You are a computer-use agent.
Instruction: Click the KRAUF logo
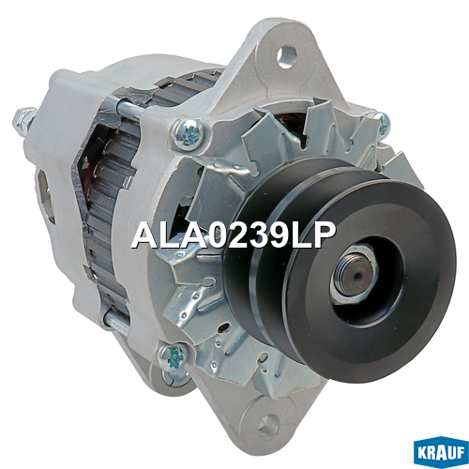pos(441,452)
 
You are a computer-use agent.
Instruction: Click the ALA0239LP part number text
pos(233,234)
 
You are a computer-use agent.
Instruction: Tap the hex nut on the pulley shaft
pos(355,276)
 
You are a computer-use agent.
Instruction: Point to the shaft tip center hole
pos(358,276)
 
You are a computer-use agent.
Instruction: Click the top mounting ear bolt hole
pos(286,56)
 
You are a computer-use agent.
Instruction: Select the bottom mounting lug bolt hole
pos(268,425)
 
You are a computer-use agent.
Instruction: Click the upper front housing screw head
pos(189,134)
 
